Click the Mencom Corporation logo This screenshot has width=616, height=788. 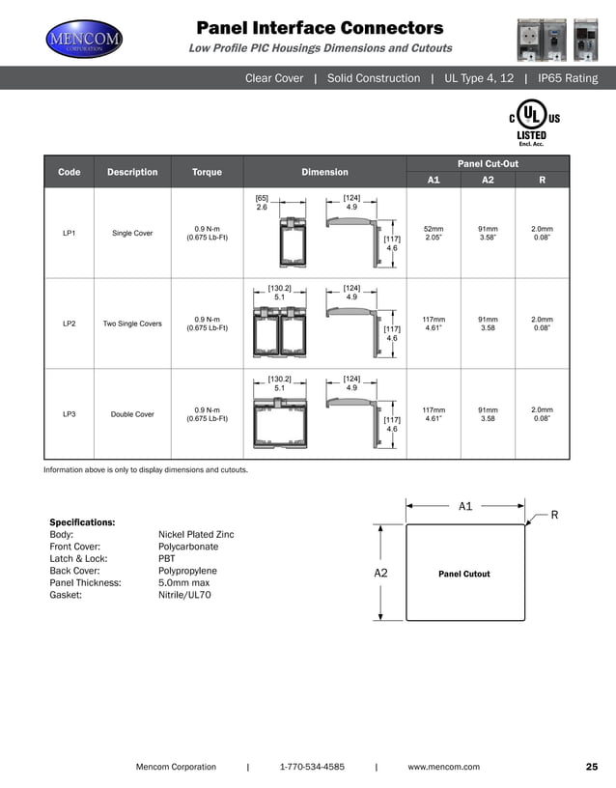click(85, 40)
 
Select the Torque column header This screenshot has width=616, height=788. click(207, 172)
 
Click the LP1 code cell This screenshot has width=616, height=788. click(70, 233)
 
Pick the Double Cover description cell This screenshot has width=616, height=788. click(132, 414)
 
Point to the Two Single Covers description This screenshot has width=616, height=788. click(132, 324)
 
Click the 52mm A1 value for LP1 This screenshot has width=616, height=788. click(434, 233)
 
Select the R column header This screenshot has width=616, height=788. click(543, 180)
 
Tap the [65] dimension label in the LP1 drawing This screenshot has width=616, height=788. click(262, 197)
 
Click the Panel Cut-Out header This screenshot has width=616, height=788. click(489, 163)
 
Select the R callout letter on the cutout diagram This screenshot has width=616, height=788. click(554, 515)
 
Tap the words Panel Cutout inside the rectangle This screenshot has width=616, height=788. click(464, 574)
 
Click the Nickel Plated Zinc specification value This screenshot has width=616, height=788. click(196, 534)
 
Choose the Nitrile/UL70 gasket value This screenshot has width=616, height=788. click(184, 596)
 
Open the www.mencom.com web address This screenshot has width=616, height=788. click(443, 767)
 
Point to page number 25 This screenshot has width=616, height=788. click(592, 767)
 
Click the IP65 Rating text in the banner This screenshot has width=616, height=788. click(567, 78)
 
